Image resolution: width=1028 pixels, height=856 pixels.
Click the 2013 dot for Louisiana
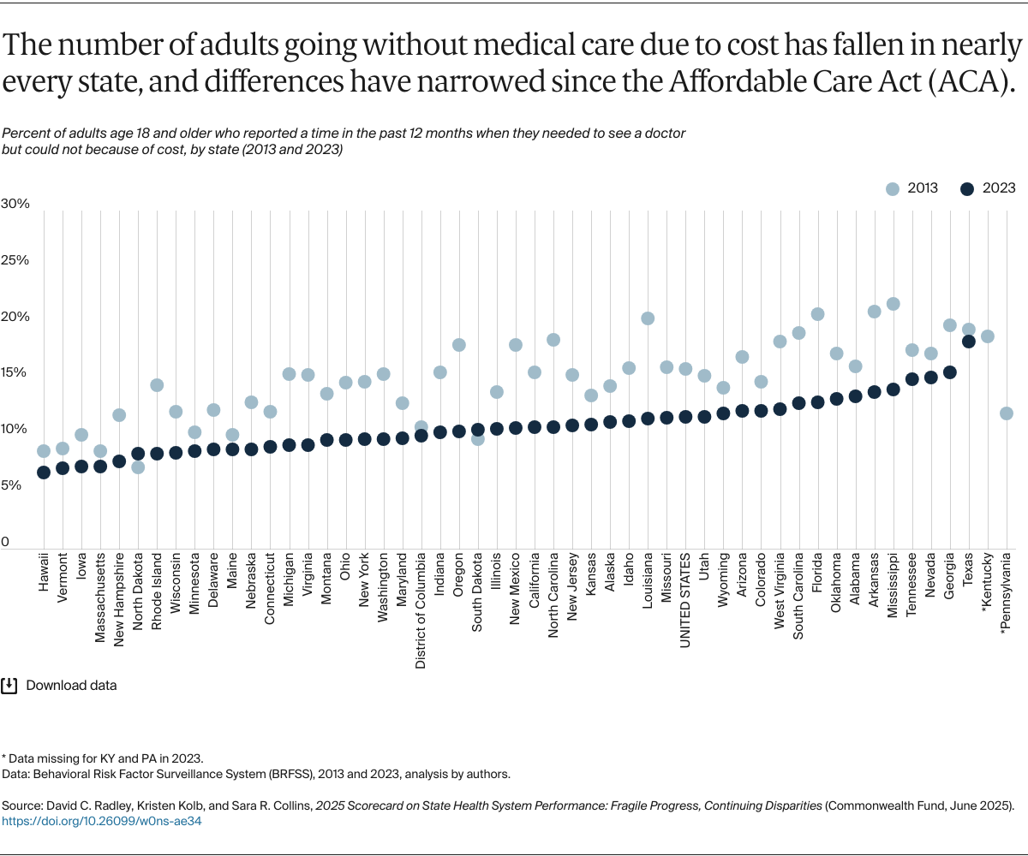(648, 318)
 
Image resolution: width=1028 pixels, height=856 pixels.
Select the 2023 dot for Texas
(969, 342)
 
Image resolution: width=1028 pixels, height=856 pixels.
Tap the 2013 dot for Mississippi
(893, 304)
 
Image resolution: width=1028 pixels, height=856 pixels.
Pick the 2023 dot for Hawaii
(44, 472)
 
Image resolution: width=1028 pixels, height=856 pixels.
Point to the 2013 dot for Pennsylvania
(1007, 413)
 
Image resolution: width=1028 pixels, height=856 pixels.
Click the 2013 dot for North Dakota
(138, 467)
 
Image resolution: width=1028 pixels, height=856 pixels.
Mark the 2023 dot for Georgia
(950, 372)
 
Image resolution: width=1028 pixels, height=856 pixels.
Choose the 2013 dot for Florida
(817, 314)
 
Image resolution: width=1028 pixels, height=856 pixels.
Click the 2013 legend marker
(893, 189)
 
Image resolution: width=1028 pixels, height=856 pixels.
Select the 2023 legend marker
(968, 189)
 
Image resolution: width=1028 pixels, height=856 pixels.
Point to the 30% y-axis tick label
(15, 204)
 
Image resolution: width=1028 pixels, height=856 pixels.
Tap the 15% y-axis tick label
(15, 373)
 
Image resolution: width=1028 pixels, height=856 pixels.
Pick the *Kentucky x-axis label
(988, 594)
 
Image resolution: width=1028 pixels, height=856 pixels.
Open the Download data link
(71, 686)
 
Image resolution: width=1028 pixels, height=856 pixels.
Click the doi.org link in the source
(102, 821)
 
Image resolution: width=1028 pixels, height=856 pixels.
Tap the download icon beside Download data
(10, 686)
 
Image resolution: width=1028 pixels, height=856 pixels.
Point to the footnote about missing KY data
(103, 759)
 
